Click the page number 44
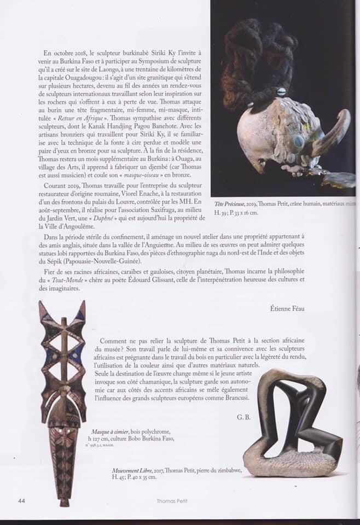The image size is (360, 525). (21, 500)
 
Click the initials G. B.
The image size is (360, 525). (244, 417)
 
